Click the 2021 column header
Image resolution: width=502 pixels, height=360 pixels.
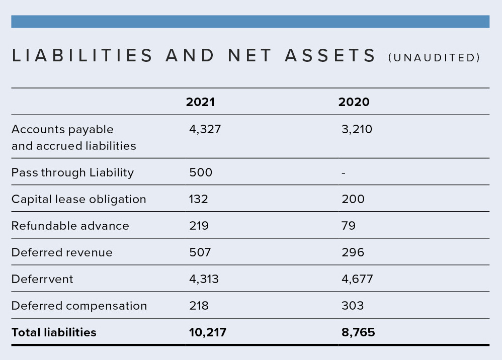coord(200,102)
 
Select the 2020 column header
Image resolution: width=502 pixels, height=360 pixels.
coord(354,102)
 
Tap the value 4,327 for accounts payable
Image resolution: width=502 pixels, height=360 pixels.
coord(205,129)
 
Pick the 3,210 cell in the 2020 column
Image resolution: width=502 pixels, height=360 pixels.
coord(357,129)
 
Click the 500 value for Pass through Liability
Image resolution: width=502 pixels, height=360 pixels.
coord(201,172)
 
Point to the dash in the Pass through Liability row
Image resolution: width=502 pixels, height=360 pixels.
coord(344,173)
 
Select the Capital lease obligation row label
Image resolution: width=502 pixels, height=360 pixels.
coord(79,200)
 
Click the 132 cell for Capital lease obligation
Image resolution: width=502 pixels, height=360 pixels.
coord(199,199)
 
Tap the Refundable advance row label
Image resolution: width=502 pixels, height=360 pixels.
coord(70,226)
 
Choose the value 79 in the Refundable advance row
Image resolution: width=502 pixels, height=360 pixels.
coord(348,226)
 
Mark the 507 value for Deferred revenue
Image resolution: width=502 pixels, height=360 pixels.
coord(200,252)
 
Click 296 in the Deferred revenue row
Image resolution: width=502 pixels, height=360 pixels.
coord(353,252)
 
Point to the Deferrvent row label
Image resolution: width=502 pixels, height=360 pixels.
coord(42,279)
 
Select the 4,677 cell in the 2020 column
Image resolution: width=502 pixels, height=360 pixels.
coord(357,279)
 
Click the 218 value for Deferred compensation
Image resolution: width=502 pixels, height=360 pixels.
coord(199,306)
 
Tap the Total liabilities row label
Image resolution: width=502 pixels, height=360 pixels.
coord(54,332)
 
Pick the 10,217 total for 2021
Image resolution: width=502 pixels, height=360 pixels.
coord(207,332)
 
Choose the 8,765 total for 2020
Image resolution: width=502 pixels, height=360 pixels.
coord(358,332)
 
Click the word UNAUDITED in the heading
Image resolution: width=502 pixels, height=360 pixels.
coord(434,58)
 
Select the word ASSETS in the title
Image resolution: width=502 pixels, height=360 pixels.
coord(330,55)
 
